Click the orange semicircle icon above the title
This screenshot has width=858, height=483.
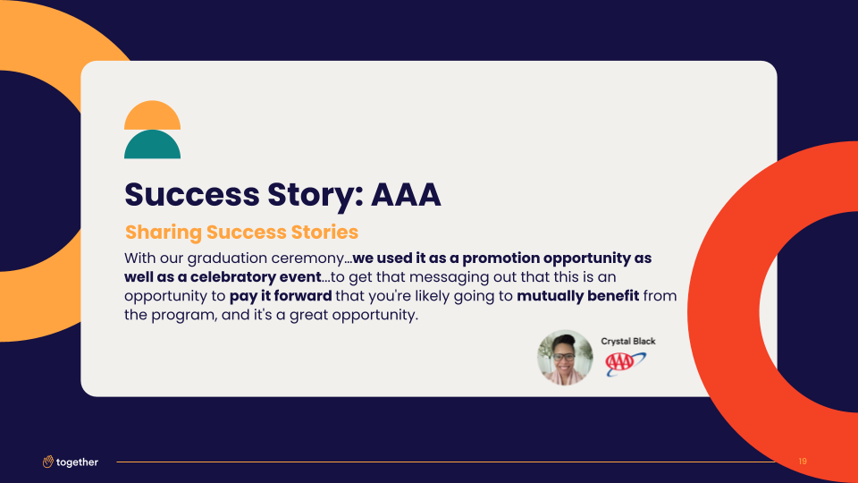(152, 115)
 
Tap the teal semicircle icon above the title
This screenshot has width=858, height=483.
(152, 145)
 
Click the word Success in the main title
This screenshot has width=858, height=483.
(192, 194)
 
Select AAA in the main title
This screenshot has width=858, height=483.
(406, 194)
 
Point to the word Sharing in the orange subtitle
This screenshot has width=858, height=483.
(164, 233)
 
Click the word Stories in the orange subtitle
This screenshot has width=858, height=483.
(324, 232)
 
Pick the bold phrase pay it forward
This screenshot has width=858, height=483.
(281, 296)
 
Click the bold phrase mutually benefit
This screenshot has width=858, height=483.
(578, 296)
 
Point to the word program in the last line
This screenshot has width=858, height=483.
(183, 316)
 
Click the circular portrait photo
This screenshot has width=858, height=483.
(565, 358)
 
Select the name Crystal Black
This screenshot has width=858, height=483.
(628, 341)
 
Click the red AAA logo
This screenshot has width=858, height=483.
(626, 364)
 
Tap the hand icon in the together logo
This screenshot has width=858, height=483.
(48, 462)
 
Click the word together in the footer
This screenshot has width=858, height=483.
(77, 462)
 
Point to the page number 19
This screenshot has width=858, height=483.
(803, 462)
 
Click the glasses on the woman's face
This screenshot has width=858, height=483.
(564, 357)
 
